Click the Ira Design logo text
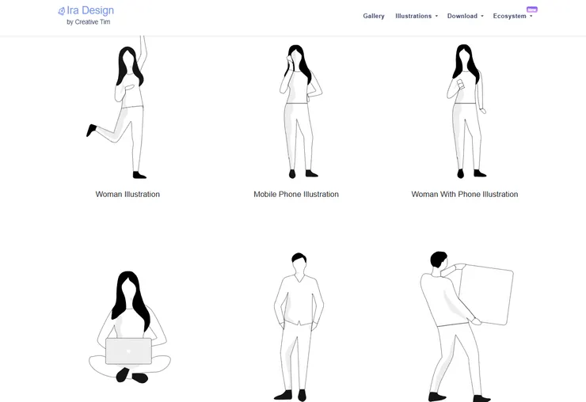90,10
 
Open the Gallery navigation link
374,16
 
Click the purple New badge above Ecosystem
532,9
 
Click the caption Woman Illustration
127,195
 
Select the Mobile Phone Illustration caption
296,195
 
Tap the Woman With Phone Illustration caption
465,195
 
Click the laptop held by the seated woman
128,351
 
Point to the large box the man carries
487,294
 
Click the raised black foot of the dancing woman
91,130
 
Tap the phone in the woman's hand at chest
460,84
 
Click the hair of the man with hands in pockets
299,257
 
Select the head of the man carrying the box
439,260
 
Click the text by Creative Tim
89,22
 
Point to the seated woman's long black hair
131,299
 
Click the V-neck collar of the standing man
299,279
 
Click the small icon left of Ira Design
62,11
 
